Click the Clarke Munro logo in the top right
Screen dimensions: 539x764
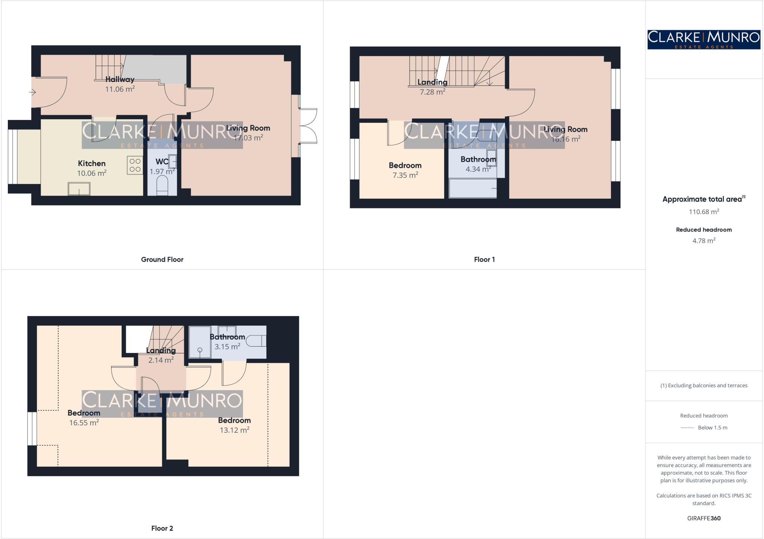(x=704, y=40)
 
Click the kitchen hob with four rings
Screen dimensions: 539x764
(x=135, y=165)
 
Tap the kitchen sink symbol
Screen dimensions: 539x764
(x=79, y=189)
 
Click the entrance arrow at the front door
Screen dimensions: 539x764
(x=32, y=92)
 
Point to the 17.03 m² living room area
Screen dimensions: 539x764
(x=248, y=138)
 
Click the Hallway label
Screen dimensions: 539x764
(x=119, y=79)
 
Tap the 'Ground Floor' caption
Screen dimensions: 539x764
(x=162, y=259)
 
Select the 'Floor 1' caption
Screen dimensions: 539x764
(x=484, y=259)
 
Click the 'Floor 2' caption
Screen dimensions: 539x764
(x=162, y=528)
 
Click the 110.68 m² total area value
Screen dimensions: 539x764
(x=704, y=212)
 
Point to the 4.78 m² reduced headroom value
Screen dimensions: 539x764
(x=704, y=241)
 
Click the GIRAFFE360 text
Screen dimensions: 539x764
(x=704, y=518)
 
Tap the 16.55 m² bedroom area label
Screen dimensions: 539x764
(x=84, y=423)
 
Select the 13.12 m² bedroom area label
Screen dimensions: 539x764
(x=234, y=430)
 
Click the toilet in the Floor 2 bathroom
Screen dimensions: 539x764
(x=257, y=341)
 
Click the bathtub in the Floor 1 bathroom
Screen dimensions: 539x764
(x=473, y=189)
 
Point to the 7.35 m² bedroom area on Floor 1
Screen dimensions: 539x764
(x=405, y=175)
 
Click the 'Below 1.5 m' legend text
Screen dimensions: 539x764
(x=713, y=428)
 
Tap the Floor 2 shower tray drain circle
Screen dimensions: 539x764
(x=200, y=350)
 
